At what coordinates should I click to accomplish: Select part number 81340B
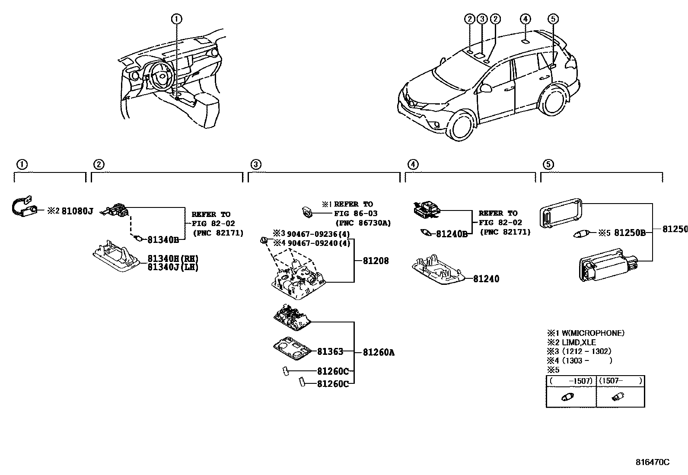pos(163,240)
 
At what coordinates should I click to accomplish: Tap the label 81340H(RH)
pos(172,258)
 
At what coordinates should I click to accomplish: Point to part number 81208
pos(376,261)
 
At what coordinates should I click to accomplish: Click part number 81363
pos(330,352)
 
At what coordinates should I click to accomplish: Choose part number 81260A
pos(379,353)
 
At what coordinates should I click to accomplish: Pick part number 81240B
pos(452,234)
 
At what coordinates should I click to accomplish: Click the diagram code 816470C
pos(652,462)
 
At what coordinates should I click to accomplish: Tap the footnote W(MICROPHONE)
pos(592,333)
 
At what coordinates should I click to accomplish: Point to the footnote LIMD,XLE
pos(579,342)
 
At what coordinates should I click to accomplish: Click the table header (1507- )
pos(621,381)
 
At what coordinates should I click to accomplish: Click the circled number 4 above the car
pos(525,19)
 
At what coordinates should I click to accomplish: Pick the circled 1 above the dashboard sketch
pos(176,19)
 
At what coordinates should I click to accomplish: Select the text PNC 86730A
pos(363,223)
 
